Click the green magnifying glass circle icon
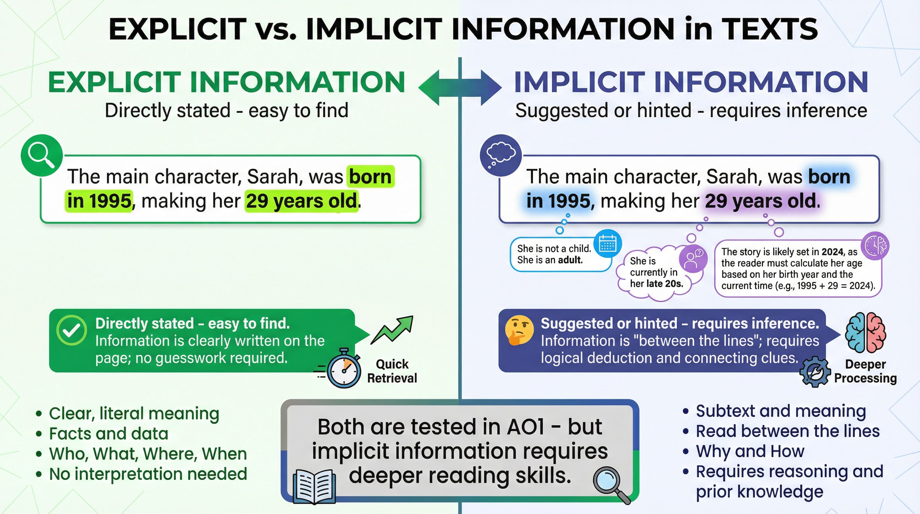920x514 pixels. pos(41,156)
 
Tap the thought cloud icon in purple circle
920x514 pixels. pos(501,156)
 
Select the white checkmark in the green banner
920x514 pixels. pos(72,330)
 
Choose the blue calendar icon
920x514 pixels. pos(607,244)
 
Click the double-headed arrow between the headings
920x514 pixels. pos(460,87)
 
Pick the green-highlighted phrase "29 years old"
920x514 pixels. pos(302,201)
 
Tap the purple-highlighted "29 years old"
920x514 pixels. pos(761,201)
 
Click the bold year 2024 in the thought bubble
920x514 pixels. pos(832,252)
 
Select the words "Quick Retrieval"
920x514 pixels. pos(392,371)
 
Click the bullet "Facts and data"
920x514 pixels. pos(109,434)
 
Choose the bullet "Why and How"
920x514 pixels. pos(750,451)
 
